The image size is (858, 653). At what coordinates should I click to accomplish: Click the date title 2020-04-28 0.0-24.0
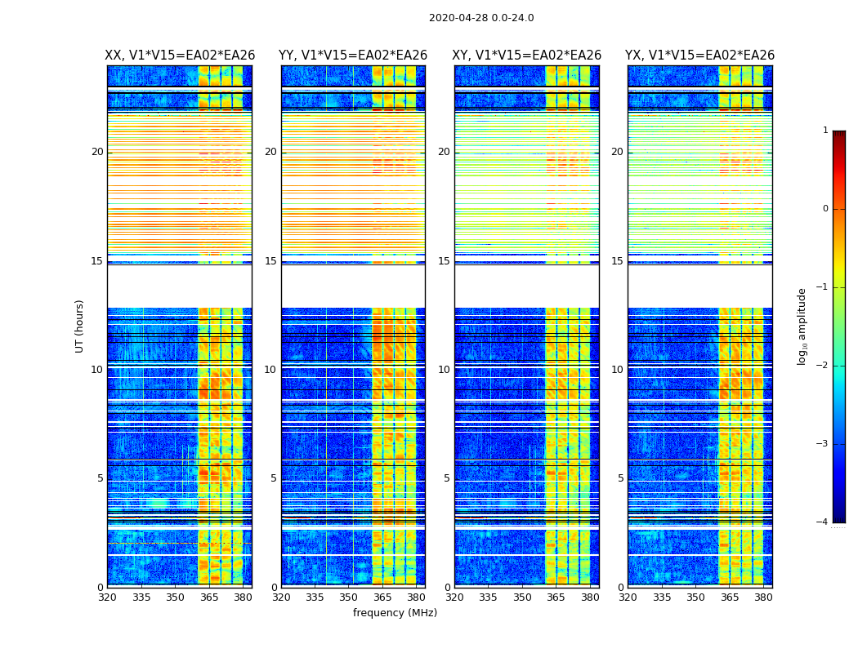pyautogui.click(x=481, y=18)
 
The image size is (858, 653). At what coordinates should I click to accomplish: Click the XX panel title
pyautogui.click(x=180, y=56)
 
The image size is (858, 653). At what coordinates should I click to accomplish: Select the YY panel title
pyautogui.click(x=353, y=56)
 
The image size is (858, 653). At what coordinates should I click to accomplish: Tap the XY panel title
pyautogui.click(x=527, y=56)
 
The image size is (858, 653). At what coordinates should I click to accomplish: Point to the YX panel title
pyautogui.click(x=699, y=56)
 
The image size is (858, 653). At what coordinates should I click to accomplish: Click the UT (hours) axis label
pyautogui.click(x=79, y=326)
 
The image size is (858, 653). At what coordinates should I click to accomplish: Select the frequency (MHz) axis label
pyautogui.click(x=395, y=613)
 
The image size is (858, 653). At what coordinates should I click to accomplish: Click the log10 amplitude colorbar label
pyautogui.click(x=802, y=326)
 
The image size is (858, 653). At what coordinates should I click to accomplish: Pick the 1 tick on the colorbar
pyautogui.click(x=824, y=131)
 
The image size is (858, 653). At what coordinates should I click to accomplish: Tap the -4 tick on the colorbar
pyautogui.click(x=823, y=522)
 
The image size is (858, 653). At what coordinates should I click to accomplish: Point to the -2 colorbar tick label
pyautogui.click(x=823, y=366)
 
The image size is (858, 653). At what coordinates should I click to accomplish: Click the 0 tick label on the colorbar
pyautogui.click(x=824, y=209)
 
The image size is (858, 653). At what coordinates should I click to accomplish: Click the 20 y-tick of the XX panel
pyautogui.click(x=97, y=152)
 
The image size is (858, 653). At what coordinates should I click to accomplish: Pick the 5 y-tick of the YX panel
pyautogui.click(x=620, y=478)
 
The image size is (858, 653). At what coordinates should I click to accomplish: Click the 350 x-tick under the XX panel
pyautogui.click(x=175, y=597)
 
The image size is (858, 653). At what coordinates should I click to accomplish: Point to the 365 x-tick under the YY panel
pyautogui.click(x=382, y=597)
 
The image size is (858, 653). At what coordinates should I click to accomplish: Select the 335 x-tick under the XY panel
pyautogui.click(x=488, y=597)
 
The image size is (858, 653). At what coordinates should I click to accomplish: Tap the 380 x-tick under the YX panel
pyautogui.click(x=763, y=597)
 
